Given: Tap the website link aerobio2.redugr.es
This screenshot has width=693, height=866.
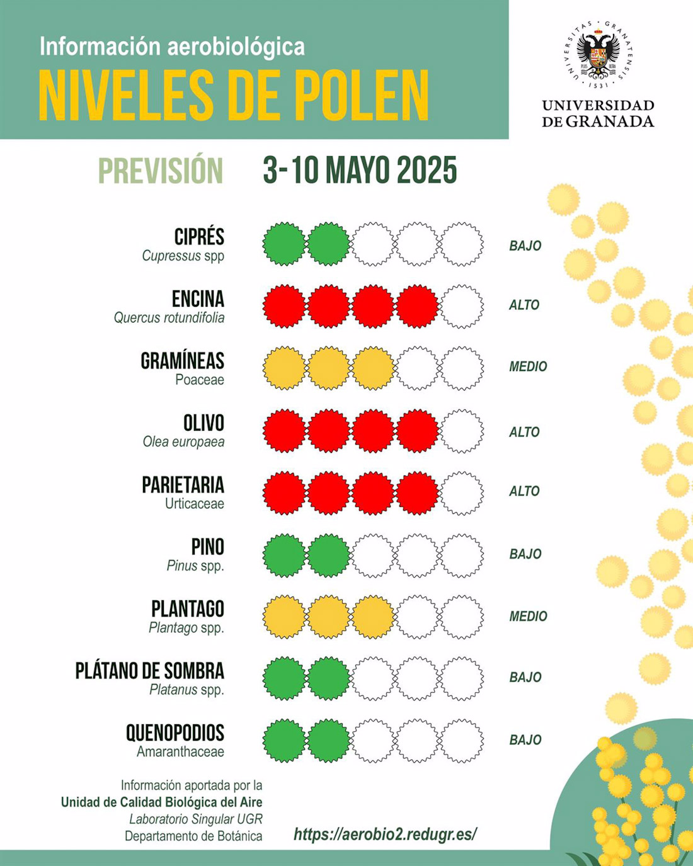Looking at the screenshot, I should pyautogui.click(x=385, y=834).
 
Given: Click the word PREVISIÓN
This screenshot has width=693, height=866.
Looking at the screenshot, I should pyautogui.click(x=161, y=171).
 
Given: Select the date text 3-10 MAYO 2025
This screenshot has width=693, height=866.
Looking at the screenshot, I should pyautogui.click(x=360, y=171).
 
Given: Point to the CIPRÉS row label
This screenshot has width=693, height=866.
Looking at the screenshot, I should pyautogui.click(x=199, y=237).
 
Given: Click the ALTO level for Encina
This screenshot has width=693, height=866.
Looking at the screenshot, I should pyautogui.click(x=524, y=305).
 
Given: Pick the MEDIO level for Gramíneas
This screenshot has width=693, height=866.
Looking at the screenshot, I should pyautogui.click(x=528, y=367).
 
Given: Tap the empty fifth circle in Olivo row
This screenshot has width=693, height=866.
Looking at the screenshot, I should pyautogui.click(x=462, y=431).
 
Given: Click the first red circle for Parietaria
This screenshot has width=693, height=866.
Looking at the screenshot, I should pyautogui.click(x=284, y=493).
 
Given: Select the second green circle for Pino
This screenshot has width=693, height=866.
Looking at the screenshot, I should pyautogui.click(x=328, y=555).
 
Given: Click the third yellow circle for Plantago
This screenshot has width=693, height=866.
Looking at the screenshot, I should pyautogui.click(x=373, y=617).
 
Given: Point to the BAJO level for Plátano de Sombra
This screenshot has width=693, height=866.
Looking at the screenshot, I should pyautogui.click(x=525, y=678).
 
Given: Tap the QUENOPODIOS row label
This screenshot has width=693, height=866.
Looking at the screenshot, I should pyautogui.click(x=175, y=732).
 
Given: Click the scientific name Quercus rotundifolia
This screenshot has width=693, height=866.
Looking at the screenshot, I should pyautogui.click(x=169, y=318).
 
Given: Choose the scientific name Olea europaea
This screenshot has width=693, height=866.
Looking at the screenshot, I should pyautogui.click(x=183, y=442).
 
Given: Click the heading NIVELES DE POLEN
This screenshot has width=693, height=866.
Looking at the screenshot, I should pyautogui.click(x=234, y=96).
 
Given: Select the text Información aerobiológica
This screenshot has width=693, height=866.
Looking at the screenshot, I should pyautogui.click(x=172, y=46).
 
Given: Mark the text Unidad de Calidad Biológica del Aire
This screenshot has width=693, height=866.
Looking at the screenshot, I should pyautogui.click(x=162, y=802).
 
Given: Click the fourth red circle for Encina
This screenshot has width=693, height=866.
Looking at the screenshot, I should pyautogui.click(x=417, y=307).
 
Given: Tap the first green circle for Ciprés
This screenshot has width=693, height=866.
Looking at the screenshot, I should pyautogui.click(x=284, y=244).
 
